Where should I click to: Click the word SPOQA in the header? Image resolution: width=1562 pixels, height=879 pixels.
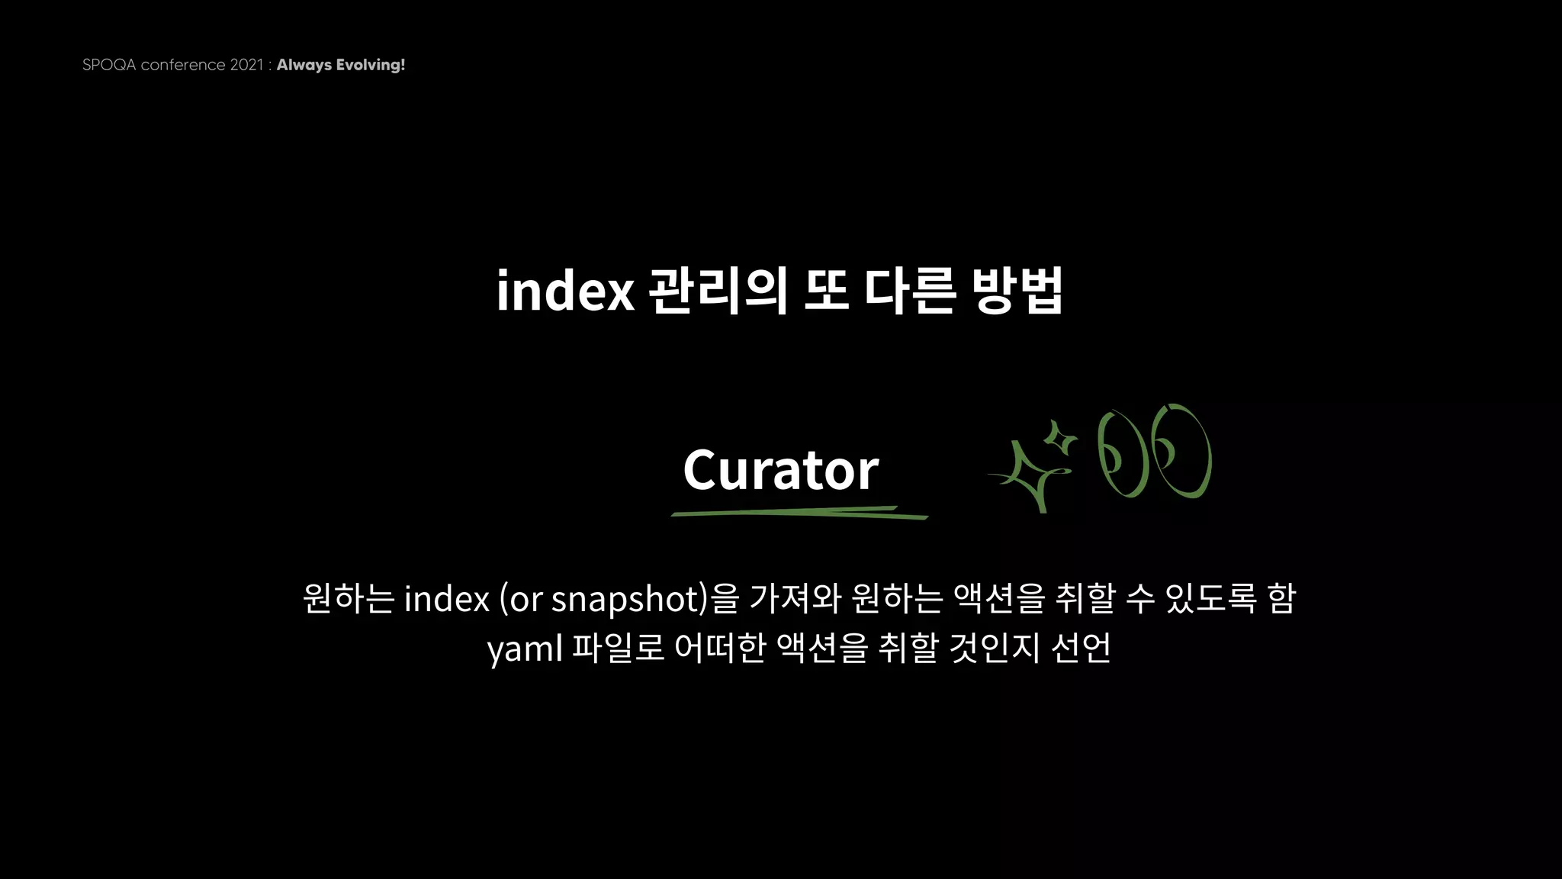(x=109, y=65)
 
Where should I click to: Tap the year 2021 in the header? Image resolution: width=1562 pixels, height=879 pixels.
(x=246, y=65)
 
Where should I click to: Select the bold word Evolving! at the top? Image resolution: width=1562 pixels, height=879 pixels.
(x=371, y=65)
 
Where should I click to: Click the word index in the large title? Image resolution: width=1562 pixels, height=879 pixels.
(x=565, y=291)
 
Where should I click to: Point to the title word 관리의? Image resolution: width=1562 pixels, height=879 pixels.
(x=718, y=291)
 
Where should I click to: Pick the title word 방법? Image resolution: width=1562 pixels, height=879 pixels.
(x=1017, y=291)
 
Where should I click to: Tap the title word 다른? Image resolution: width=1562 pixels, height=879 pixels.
(x=909, y=291)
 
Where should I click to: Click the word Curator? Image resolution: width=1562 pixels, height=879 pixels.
(x=780, y=469)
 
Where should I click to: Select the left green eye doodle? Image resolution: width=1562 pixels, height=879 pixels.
(x=1120, y=455)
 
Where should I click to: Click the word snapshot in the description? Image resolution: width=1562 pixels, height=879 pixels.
(x=625, y=599)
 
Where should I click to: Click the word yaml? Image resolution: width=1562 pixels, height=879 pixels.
(x=525, y=649)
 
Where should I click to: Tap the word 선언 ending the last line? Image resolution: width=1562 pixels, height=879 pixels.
(x=1081, y=648)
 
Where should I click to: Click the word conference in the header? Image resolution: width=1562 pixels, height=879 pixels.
(x=183, y=65)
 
